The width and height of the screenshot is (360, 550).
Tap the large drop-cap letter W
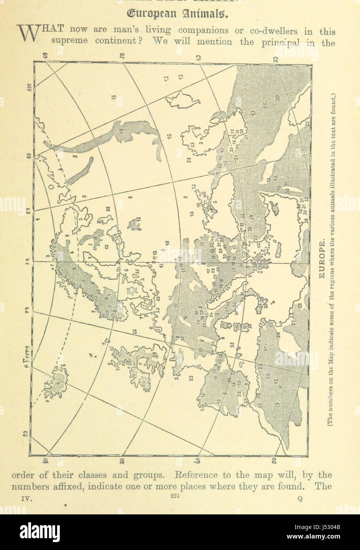pyautogui.click(x=28, y=34)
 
